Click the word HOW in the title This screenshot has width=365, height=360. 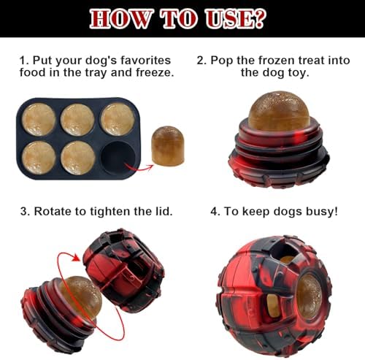(x=121, y=18)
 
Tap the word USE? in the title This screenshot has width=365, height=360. (x=235, y=18)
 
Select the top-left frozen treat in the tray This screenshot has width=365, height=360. (x=39, y=119)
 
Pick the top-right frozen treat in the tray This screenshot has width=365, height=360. (x=118, y=119)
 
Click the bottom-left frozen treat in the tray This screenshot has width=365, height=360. (x=39, y=158)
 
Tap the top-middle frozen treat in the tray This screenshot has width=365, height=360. (x=77, y=120)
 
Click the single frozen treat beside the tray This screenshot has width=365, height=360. (x=168, y=146)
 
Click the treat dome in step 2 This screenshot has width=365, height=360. (x=279, y=111)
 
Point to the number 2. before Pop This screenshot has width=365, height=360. (x=201, y=61)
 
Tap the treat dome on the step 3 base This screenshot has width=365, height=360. (x=82, y=297)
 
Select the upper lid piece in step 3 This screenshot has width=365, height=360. (x=123, y=270)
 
